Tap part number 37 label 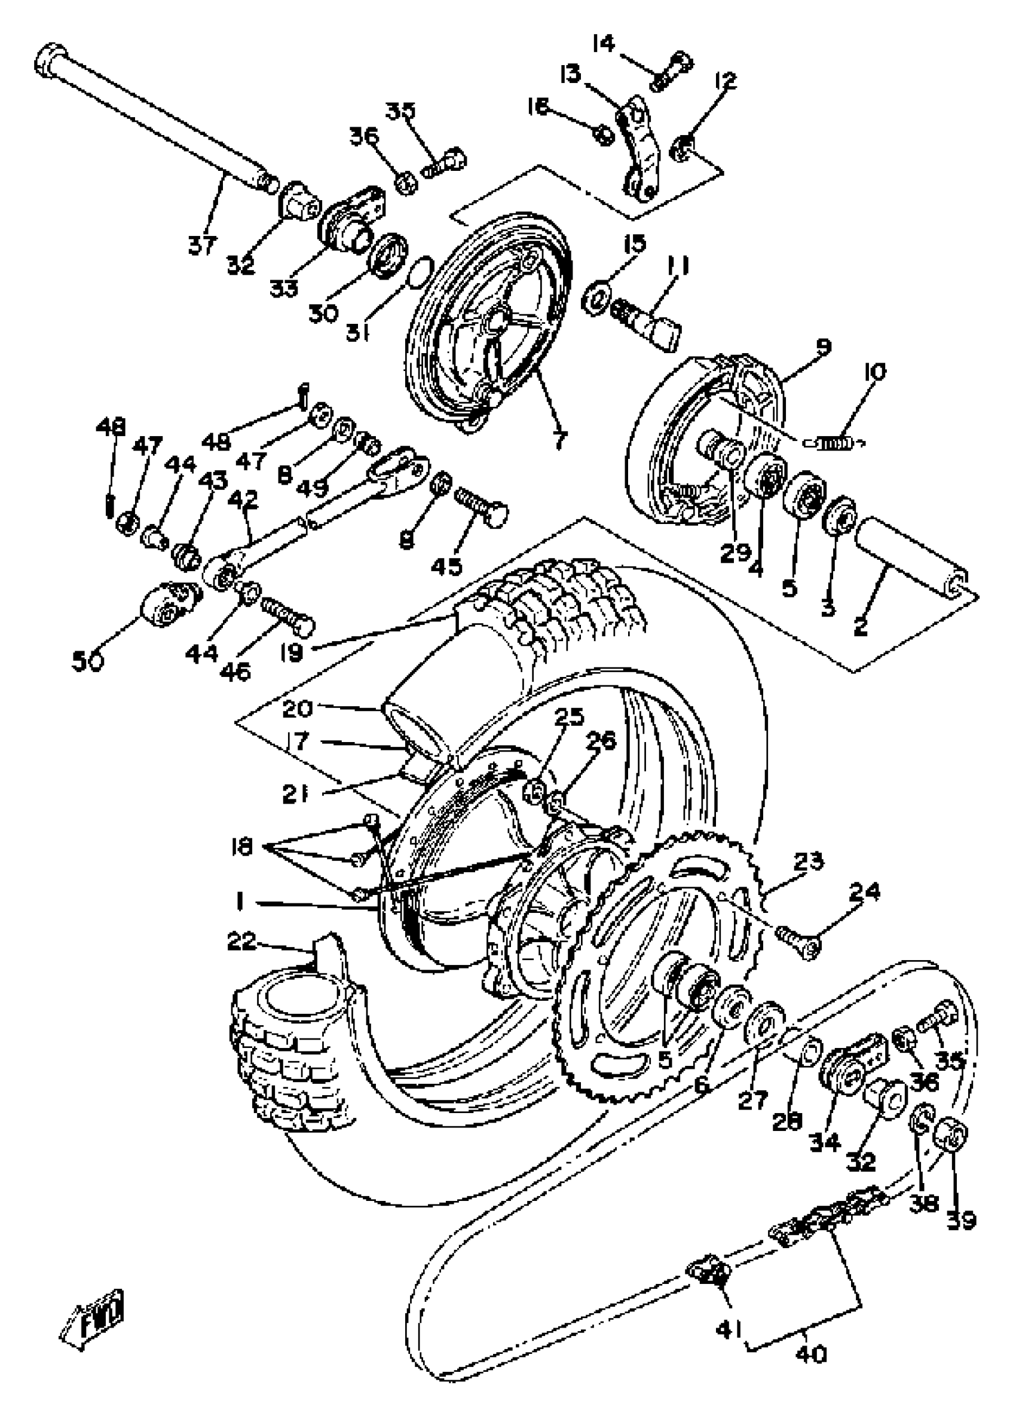coord(201,244)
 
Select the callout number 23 coord(807,862)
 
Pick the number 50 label coord(88,661)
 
